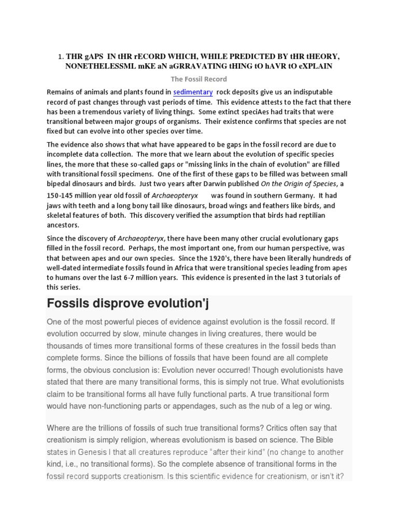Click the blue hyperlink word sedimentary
(193, 92)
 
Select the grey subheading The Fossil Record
(199, 79)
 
